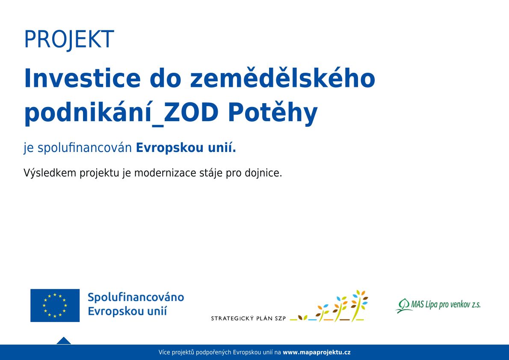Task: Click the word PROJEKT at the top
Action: (69, 40)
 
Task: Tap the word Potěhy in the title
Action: (272, 113)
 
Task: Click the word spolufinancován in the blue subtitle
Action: (85, 148)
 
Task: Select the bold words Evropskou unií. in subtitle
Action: (186, 148)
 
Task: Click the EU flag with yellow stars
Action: (55, 305)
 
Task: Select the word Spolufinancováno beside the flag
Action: (136, 297)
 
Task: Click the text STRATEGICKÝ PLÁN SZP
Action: (249, 318)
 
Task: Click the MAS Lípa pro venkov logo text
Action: (445, 304)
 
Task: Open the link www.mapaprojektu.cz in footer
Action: (317, 352)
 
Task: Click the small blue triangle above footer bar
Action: (64, 341)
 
